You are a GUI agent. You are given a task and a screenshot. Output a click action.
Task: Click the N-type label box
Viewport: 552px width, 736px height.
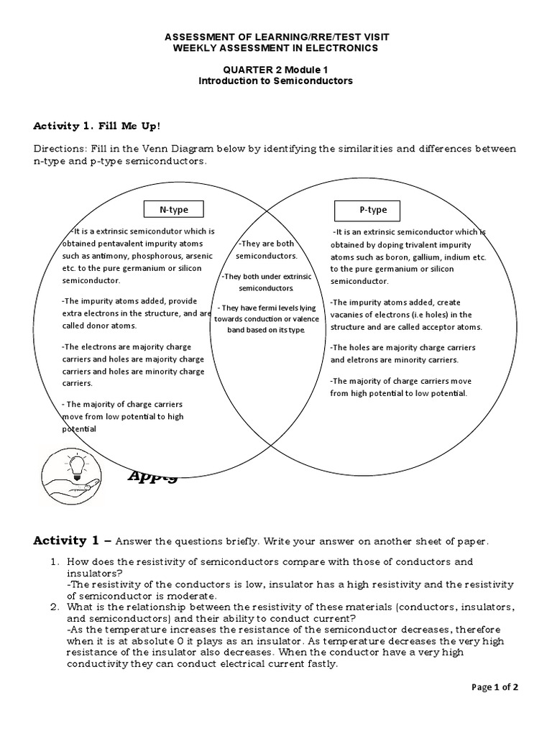(173, 209)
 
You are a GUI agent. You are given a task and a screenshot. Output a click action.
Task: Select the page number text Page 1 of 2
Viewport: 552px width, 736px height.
(494, 687)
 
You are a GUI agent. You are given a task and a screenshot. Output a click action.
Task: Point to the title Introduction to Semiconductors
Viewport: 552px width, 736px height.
(275, 81)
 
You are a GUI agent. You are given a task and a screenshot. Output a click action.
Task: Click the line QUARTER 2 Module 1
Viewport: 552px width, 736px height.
(275, 70)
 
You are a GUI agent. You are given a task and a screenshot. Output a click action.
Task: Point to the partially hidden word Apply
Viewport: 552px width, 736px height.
(152, 475)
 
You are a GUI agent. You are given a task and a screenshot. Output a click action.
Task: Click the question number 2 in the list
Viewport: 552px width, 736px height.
(54, 607)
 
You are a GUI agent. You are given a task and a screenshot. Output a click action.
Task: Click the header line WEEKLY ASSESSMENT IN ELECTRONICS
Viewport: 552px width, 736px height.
(275, 47)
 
